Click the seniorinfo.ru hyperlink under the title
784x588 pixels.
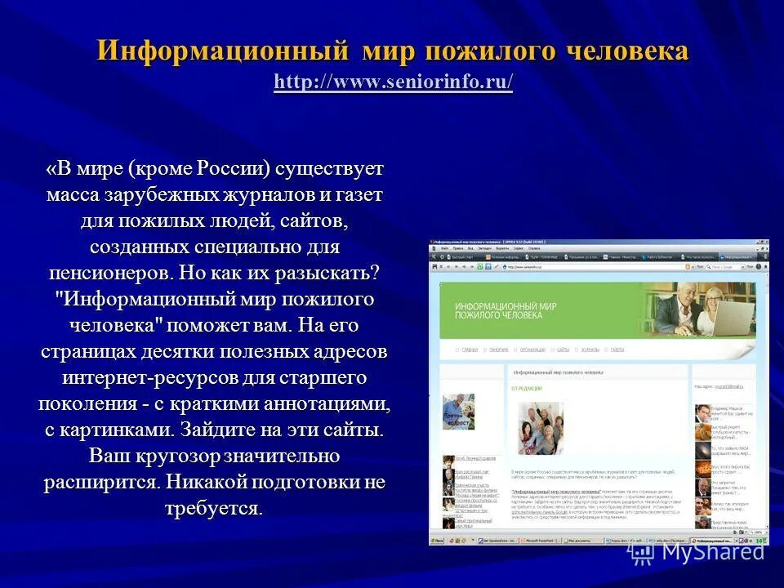(394, 82)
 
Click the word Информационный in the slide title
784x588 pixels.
(217, 51)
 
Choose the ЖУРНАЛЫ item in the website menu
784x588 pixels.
(590, 350)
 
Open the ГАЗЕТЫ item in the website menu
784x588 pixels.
(617, 350)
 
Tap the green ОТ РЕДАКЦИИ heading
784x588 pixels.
(528, 389)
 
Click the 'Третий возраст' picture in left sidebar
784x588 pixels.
(458, 412)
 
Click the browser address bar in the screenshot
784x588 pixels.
(572, 266)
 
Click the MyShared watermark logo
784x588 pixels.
(699, 552)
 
